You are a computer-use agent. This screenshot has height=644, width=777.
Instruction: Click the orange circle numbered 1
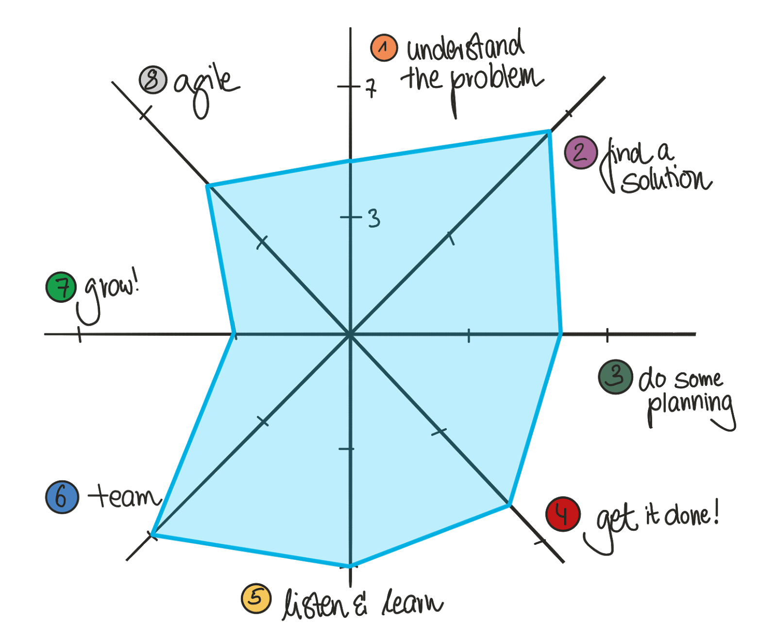(x=384, y=48)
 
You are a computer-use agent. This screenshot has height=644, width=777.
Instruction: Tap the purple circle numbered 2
(x=580, y=153)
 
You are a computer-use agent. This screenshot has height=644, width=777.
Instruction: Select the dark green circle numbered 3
(x=615, y=377)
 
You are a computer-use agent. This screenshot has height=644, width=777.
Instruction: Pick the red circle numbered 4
(x=563, y=514)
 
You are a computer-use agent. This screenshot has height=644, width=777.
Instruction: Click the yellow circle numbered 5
(x=256, y=598)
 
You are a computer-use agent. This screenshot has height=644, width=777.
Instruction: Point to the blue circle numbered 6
(x=62, y=497)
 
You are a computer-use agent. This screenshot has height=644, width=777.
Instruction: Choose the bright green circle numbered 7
(x=61, y=287)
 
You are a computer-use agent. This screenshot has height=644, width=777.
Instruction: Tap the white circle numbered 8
(x=153, y=80)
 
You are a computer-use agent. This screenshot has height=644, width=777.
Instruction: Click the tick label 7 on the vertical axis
(x=371, y=88)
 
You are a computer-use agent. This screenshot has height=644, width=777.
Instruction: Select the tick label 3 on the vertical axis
(x=373, y=218)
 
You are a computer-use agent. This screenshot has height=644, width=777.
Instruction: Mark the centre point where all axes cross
(x=350, y=334)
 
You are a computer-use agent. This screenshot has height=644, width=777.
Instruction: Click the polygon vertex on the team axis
(x=152, y=535)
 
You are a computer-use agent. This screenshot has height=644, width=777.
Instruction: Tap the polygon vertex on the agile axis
(x=207, y=185)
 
